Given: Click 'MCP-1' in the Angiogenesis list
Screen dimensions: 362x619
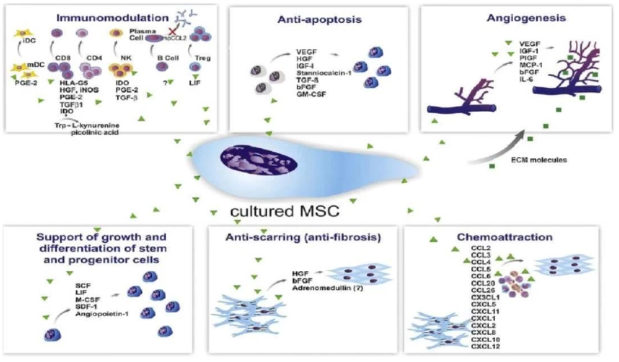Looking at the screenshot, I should [x=531, y=66].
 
